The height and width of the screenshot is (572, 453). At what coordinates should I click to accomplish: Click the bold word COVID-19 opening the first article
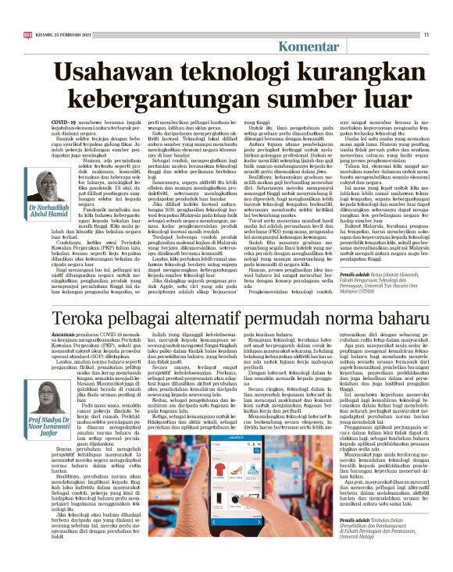(65, 123)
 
